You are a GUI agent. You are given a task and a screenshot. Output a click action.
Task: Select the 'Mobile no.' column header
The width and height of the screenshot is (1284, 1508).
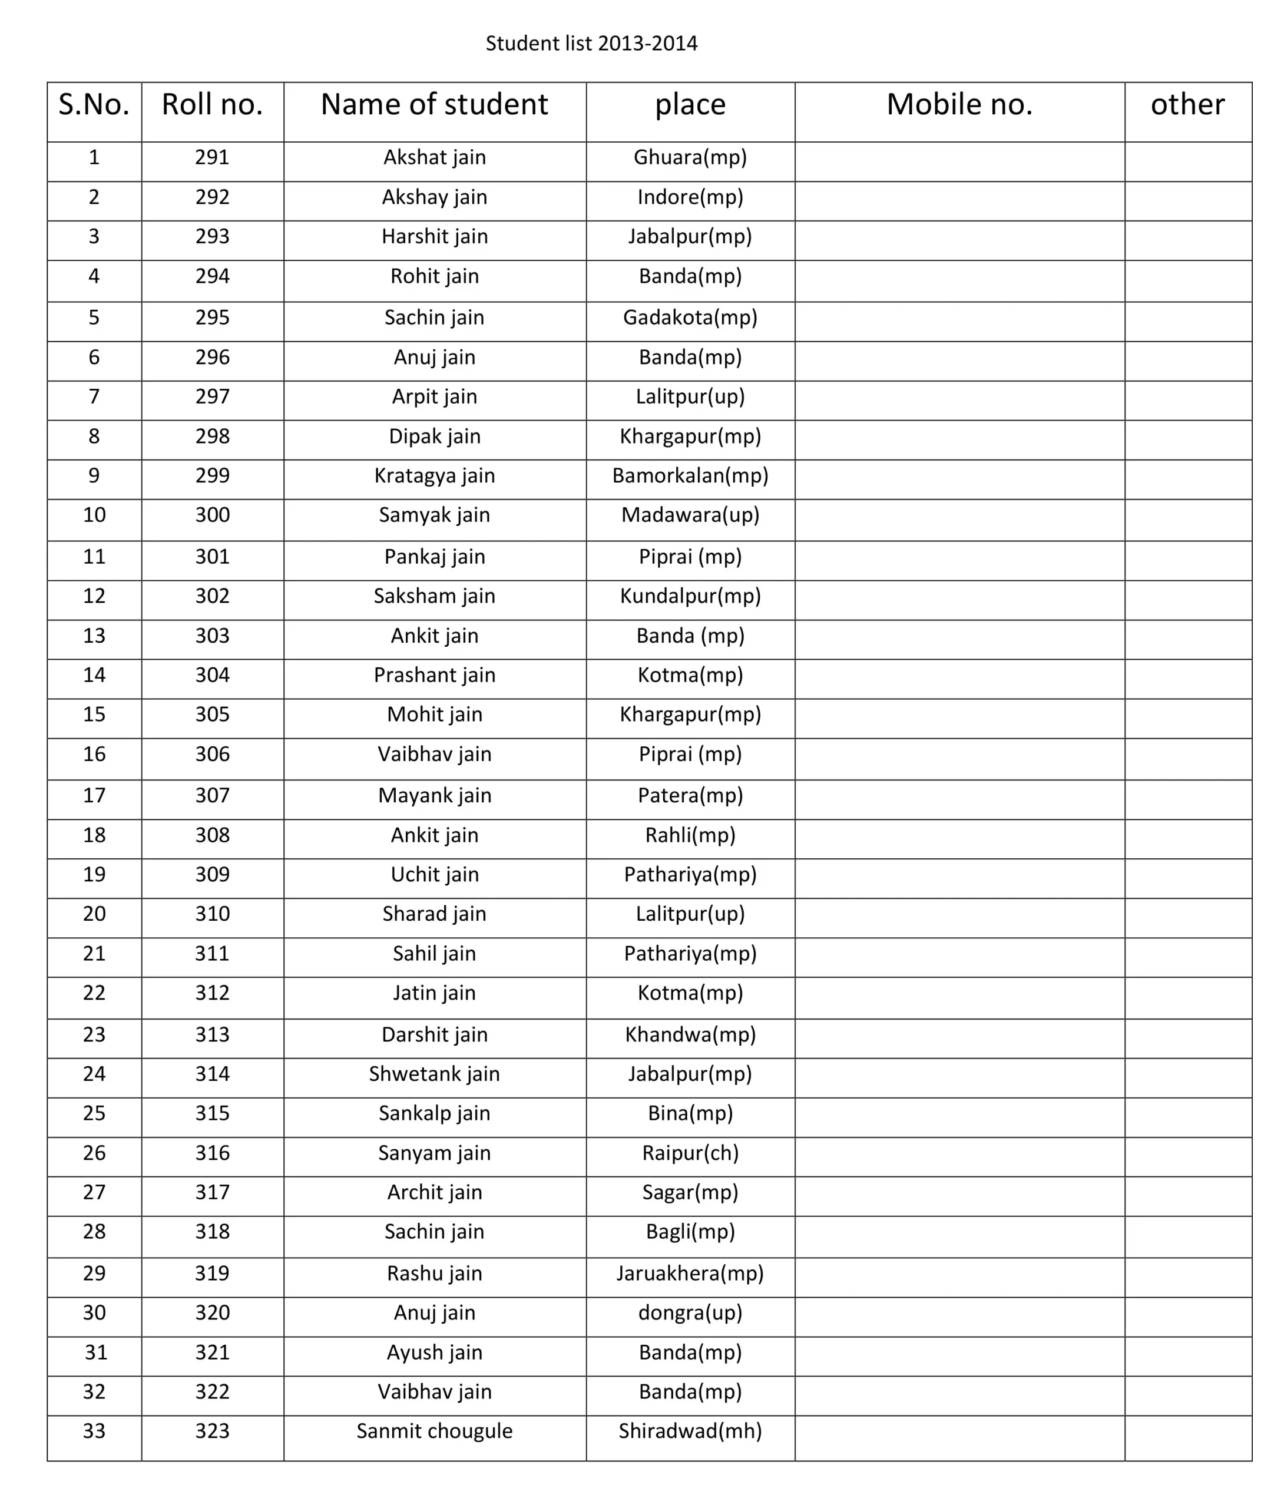959,105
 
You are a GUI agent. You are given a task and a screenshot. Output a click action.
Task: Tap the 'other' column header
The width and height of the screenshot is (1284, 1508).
1187,105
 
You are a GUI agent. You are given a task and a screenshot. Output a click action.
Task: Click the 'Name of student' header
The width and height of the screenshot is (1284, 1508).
434,105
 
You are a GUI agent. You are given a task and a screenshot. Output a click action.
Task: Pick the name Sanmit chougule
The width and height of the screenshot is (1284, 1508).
434,1431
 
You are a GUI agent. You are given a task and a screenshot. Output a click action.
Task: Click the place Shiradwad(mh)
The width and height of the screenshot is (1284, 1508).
690,1431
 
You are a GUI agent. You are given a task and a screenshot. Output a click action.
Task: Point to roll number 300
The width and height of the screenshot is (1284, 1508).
212,515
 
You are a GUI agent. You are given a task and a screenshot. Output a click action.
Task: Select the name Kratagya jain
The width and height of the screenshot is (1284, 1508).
434,476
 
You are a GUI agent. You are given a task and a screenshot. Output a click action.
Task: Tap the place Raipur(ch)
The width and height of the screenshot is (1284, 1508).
690,1153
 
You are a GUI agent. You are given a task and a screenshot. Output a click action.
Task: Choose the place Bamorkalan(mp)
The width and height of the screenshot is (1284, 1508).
690,476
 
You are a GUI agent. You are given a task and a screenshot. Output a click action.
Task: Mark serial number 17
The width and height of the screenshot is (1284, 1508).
94,795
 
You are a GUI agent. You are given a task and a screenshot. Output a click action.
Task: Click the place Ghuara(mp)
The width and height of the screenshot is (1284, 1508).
690,157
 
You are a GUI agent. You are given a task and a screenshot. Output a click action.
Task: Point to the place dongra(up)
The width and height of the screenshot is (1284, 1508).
690,1312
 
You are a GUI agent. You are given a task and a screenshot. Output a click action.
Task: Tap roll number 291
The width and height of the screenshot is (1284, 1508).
212,157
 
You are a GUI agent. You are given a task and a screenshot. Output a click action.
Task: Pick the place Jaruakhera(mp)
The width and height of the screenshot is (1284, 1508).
690,1273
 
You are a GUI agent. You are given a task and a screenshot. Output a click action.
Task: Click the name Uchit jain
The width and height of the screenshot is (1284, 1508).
434,874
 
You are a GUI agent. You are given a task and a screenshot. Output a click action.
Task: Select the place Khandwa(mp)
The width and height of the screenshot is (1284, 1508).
690,1034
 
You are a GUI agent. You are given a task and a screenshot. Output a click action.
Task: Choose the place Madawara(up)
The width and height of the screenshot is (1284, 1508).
690,515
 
